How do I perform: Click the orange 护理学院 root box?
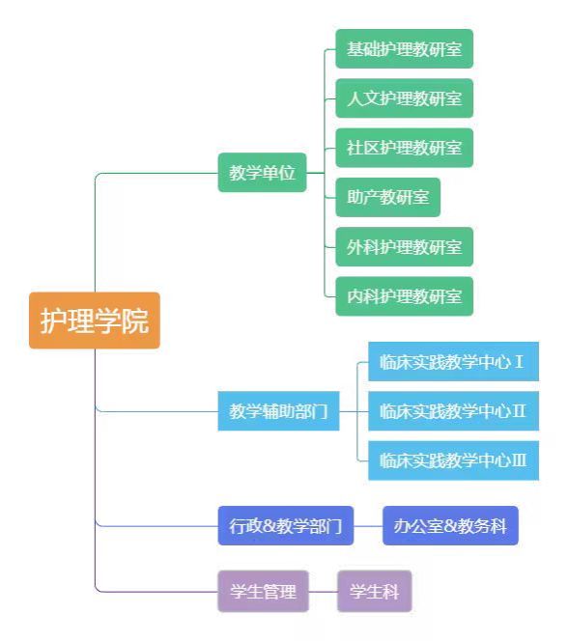tap(95, 320)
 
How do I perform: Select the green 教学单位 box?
tap(262, 173)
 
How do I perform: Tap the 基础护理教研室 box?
tap(405, 49)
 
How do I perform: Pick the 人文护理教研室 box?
tap(405, 98)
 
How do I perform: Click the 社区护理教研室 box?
tap(405, 148)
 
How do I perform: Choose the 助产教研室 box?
tap(388, 198)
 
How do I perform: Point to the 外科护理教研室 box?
tap(405, 247)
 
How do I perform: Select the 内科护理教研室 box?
tap(405, 296)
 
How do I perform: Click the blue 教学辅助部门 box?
tap(278, 411)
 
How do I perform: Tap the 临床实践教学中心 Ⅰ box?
tap(453, 362)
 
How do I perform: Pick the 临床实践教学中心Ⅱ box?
tap(453, 411)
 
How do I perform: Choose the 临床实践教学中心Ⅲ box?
tap(453, 460)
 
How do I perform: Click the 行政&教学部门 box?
tap(286, 526)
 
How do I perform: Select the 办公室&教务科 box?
tap(451, 526)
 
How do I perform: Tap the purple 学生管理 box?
tap(264, 591)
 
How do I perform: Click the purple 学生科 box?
tap(375, 591)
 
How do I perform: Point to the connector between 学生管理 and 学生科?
tap(323, 592)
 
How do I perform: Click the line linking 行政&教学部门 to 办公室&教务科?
tap(368, 526)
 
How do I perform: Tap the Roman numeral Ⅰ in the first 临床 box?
tap(519, 362)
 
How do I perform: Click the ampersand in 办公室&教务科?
tap(450, 526)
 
